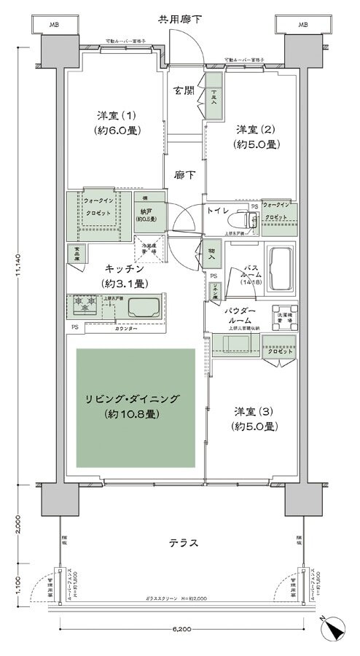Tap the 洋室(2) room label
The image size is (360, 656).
coord(256,136)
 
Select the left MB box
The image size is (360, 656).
coord(53,26)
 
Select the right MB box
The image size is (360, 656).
coord(302,26)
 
